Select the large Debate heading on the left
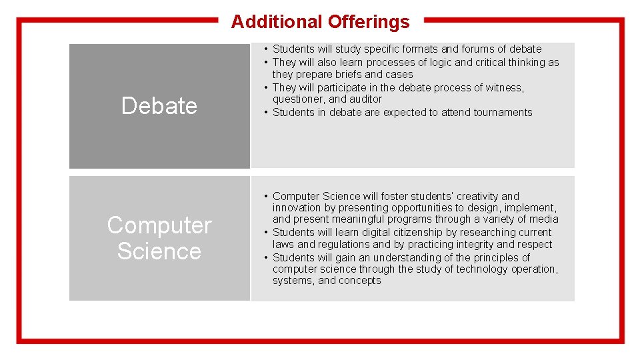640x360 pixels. pos(159,106)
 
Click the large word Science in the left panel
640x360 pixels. pos(159,251)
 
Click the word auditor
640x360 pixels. pos(366,99)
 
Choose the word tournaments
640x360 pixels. pos(503,113)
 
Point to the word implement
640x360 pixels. pos(531,208)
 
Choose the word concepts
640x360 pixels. pos(359,281)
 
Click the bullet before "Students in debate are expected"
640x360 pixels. pos(266,113)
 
